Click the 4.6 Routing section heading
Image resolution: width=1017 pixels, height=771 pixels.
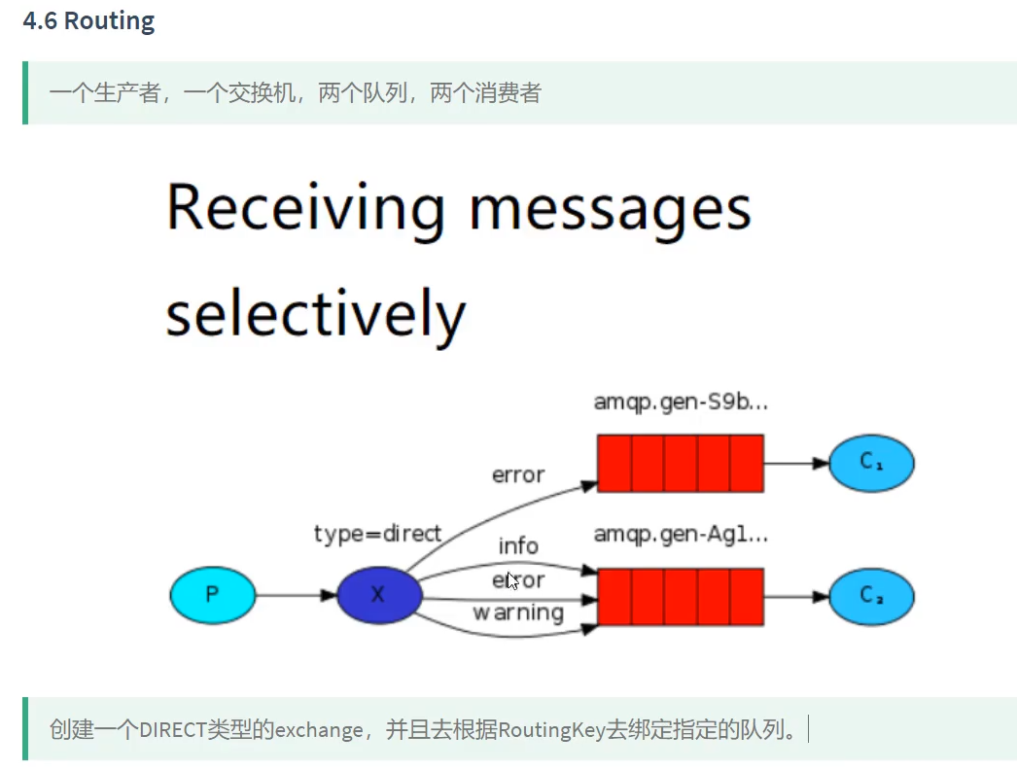[88, 21]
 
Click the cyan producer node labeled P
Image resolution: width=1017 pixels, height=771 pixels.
[212, 594]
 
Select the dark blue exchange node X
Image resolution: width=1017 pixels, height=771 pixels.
[378, 594]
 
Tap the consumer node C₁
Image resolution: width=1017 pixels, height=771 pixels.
[871, 464]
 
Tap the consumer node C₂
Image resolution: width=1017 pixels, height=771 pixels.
[871, 594]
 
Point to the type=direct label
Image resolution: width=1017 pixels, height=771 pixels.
[377, 534]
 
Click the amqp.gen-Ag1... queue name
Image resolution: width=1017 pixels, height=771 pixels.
[681, 534]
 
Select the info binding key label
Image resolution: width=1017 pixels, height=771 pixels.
[518, 546]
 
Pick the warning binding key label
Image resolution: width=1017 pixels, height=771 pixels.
[518, 613]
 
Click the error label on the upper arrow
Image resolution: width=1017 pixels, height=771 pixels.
[518, 475]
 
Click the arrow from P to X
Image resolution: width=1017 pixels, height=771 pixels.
[296, 594]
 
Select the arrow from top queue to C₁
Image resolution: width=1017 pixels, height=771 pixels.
[795, 464]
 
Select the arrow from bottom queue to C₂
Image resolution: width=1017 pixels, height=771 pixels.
[795, 594]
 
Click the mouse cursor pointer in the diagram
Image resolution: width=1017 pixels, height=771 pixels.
[511, 581]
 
